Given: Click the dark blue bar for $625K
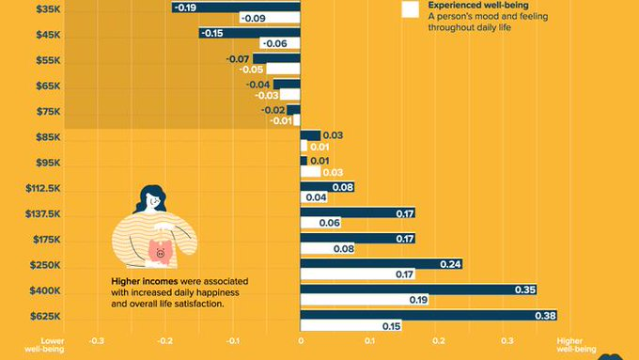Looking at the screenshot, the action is [429, 315].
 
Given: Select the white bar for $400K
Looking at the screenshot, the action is [365, 300].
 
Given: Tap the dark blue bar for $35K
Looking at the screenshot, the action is [236, 7].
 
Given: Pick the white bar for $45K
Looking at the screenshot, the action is [280, 43].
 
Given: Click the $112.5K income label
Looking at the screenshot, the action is [43, 188].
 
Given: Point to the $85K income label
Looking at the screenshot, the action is [48, 137].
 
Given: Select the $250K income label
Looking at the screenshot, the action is [45, 265].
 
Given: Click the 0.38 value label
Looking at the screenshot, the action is [545, 316].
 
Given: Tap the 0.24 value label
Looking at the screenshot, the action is [450, 264].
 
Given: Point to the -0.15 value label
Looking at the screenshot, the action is [212, 33].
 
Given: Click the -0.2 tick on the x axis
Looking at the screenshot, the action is [164, 341].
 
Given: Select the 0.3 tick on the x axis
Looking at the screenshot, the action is [507, 341].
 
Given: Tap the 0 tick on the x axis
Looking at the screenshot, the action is [301, 341].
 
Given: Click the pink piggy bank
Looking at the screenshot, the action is [161, 250].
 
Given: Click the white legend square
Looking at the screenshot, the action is [410, 9].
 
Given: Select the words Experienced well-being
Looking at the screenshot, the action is [478, 6].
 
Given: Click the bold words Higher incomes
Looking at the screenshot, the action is [145, 281].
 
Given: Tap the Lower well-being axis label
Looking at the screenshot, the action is [44, 345].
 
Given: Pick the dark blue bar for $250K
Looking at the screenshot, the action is [382, 264].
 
